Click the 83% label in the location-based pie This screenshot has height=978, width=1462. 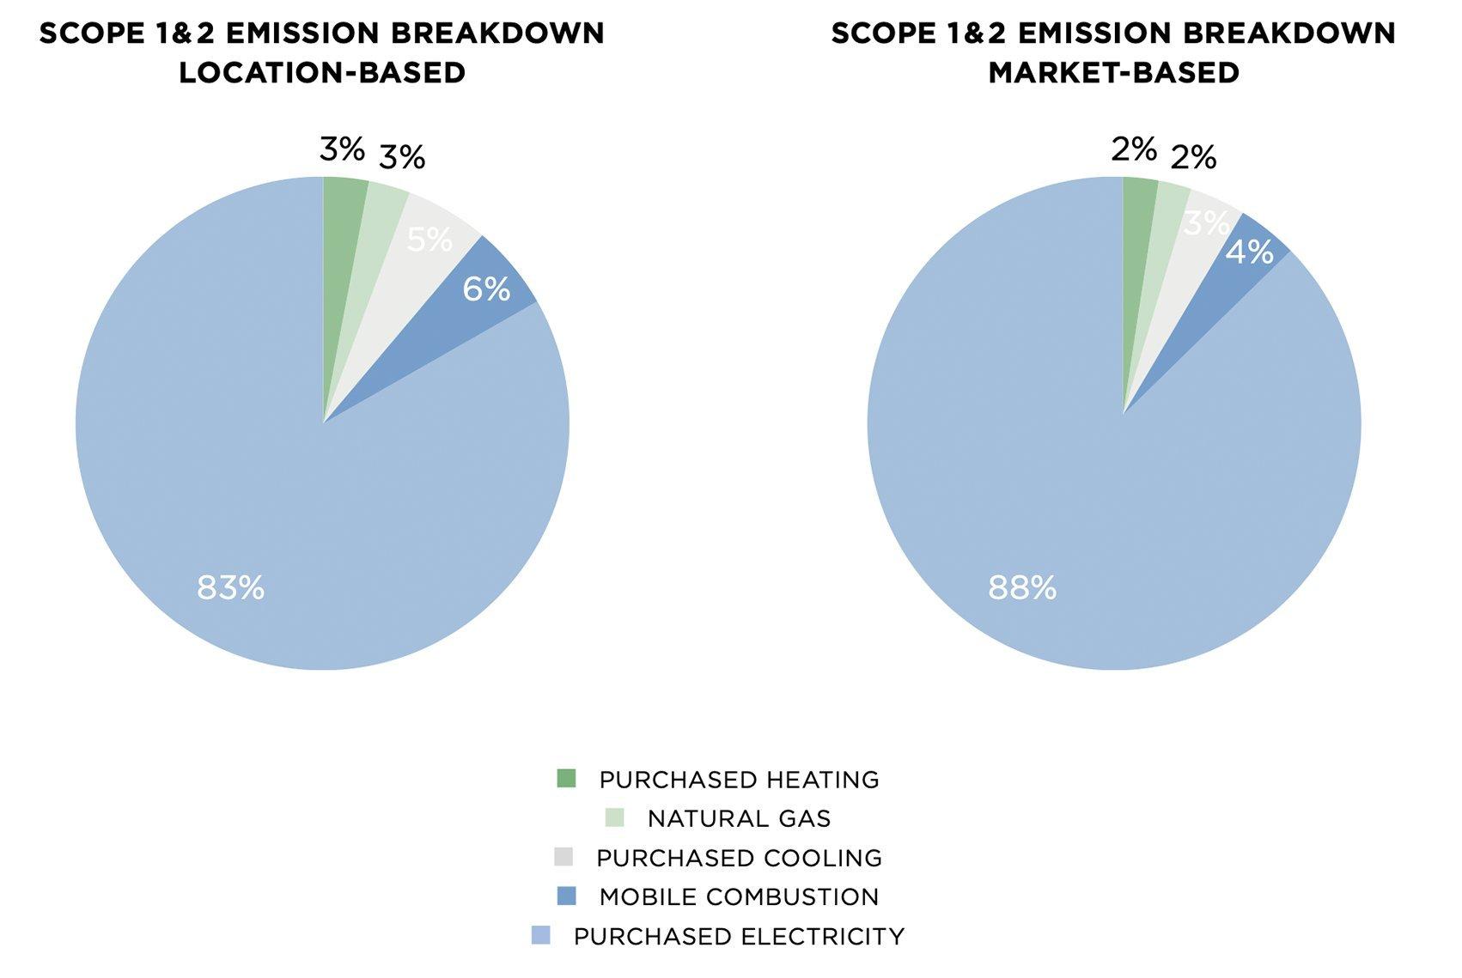[230, 588]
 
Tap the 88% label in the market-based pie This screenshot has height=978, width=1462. [1021, 588]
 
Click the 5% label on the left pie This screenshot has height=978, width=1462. [429, 240]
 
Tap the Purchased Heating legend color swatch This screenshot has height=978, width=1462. [565, 779]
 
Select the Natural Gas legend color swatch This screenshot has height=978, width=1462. [614, 817]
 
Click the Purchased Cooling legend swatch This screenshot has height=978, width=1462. [563, 857]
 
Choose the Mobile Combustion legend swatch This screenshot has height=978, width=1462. [565, 896]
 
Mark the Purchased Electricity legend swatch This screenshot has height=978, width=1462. [540, 935]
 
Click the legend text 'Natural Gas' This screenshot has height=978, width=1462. [739, 818]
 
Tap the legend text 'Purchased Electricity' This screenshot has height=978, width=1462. [739, 936]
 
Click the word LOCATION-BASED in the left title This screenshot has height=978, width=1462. [322, 72]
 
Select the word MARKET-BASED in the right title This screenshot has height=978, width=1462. [1113, 72]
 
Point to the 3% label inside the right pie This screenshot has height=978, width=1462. [1206, 224]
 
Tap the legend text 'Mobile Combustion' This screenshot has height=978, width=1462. [739, 896]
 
